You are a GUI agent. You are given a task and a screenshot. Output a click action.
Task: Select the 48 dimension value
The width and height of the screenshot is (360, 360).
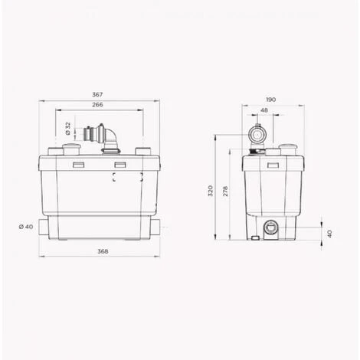point(264,110)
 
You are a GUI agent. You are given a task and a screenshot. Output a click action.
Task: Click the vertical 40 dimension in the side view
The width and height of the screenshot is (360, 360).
point(330,233)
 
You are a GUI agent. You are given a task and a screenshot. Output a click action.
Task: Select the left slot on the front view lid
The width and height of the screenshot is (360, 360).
point(78,165)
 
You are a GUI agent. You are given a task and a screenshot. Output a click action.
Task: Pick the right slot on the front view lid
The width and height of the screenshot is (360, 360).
point(119,165)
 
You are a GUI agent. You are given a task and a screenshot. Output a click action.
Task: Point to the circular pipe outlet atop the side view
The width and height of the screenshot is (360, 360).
point(258,137)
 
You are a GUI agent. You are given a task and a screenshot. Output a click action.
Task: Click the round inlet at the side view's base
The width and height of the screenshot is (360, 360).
point(270,227)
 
